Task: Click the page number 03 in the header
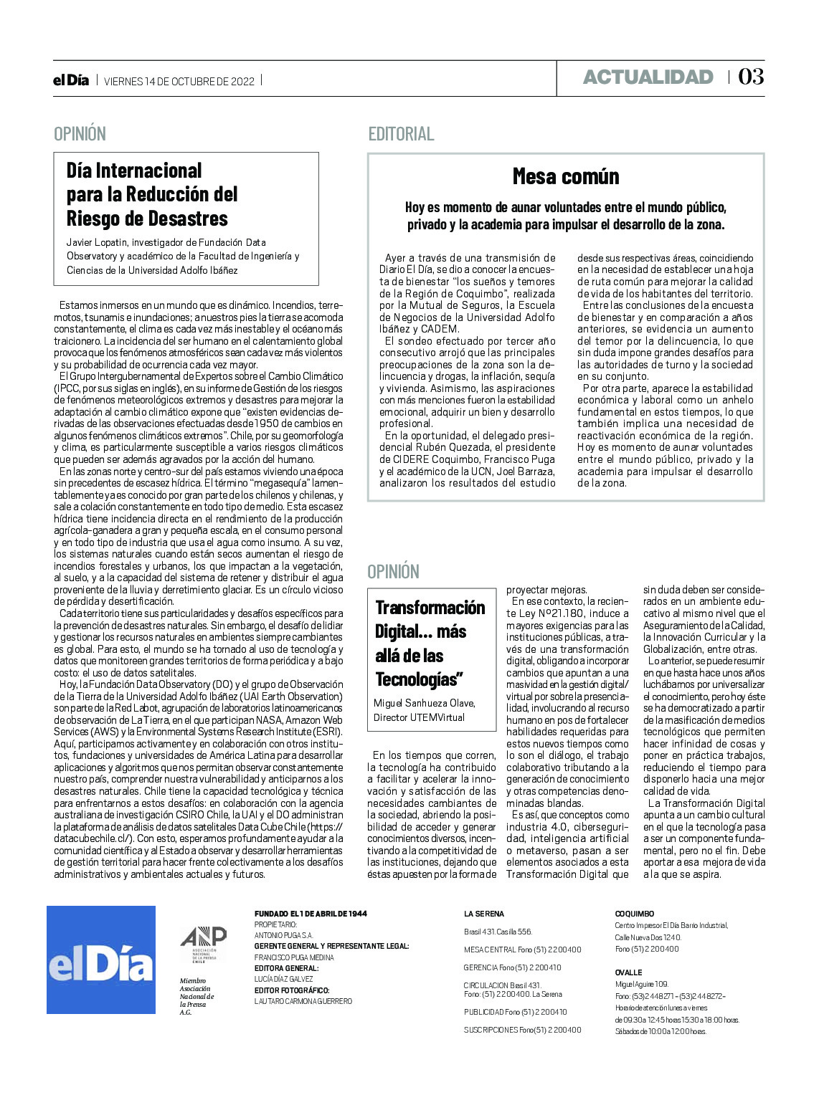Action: coord(751,77)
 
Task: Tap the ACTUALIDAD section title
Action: coord(648,77)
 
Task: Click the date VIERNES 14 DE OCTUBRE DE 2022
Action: coord(179,82)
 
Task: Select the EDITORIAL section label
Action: coord(401,134)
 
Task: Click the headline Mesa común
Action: coord(566,176)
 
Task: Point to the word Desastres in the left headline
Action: coord(188,219)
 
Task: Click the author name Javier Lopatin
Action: coord(97,242)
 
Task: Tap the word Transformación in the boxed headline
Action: coord(430,608)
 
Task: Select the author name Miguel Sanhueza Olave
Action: coord(424,703)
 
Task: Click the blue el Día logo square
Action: coord(101,960)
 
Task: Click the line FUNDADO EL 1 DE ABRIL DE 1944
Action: coord(311,914)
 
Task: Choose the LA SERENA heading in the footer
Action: coord(484,914)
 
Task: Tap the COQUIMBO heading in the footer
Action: coord(635,914)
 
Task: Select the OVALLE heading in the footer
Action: coord(628,972)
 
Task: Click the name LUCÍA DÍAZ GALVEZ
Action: coord(283,979)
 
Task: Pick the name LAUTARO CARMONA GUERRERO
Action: coord(303,1001)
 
